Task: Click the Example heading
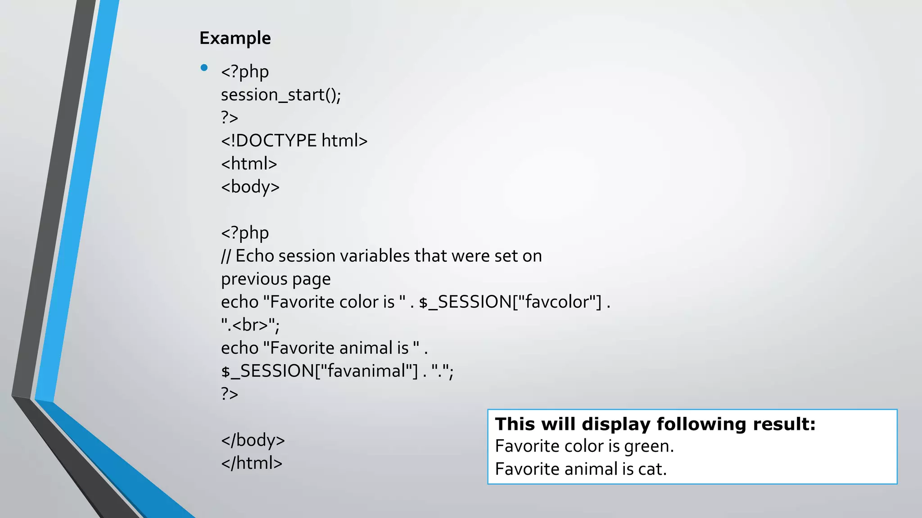(235, 38)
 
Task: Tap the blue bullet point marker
(204, 68)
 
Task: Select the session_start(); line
(281, 95)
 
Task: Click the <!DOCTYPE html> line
(294, 141)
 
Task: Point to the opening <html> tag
(249, 164)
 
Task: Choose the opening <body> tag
(250, 187)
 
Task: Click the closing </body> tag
(253, 440)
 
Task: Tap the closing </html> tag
(252, 463)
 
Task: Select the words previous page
(276, 279)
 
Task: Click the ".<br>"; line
(250, 325)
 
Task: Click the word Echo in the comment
(254, 256)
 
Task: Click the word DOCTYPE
(276, 141)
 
